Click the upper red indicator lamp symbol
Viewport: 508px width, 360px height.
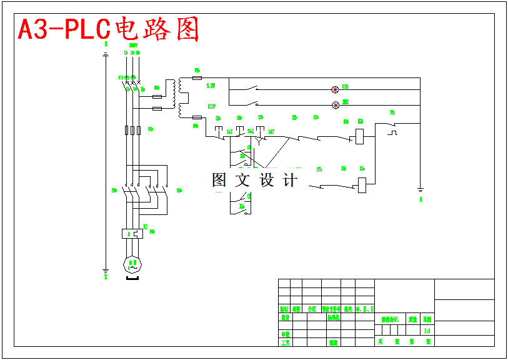click(x=335, y=90)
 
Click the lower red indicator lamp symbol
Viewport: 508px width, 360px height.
click(x=335, y=104)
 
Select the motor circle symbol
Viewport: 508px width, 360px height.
click(x=132, y=264)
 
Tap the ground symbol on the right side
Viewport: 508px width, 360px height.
click(x=421, y=190)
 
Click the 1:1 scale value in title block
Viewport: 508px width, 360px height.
click(x=427, y=331)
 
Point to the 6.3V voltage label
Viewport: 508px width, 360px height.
click(x=211, y=86)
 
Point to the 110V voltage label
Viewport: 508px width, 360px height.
click(x=211, y=106)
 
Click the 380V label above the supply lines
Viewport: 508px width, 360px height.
click(x=132, y=45)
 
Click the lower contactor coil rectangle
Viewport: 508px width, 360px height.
click(x=362, y=185)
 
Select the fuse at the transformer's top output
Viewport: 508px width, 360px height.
click(x=197, y=78)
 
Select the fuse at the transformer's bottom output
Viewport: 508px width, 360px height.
click(x=197, y=117)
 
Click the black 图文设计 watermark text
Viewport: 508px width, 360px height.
click(x=254, y=181)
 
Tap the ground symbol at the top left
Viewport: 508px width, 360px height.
click(x=106, y=54)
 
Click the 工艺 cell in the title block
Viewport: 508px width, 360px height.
click(x=285, y=342)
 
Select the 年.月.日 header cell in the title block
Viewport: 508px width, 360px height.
click(x=365, y=309)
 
